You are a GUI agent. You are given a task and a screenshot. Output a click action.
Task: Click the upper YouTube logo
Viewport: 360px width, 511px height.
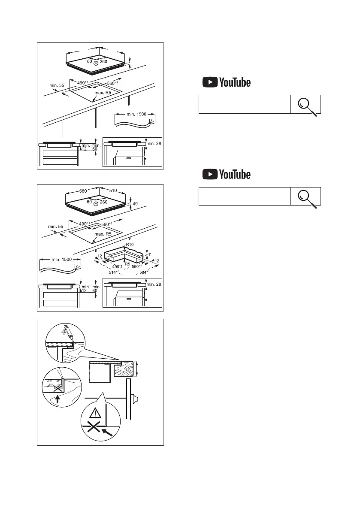pos(226,83)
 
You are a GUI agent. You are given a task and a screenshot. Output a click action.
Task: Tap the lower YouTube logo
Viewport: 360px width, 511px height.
pos(226,175)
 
